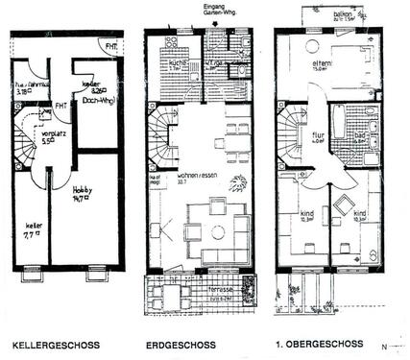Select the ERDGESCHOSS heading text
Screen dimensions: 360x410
[179, 343]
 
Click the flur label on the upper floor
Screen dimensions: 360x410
[318, 135]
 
